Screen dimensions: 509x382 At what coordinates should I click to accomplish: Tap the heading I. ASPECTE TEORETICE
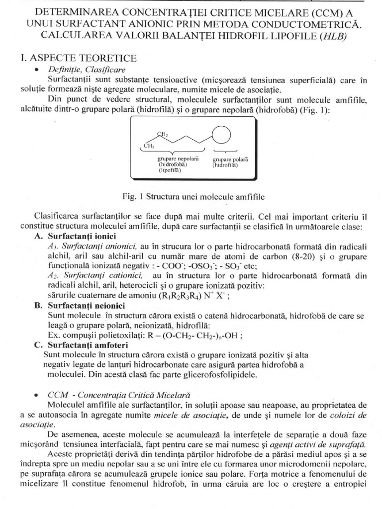pos(78,58)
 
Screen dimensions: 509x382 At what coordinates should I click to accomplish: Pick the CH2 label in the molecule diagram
pos(163,134)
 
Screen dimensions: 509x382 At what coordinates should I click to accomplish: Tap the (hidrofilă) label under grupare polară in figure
pos(225,165)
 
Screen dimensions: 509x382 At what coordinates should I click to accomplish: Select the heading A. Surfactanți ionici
pos(75,236)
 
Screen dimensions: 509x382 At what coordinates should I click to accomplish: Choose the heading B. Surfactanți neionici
pos(80,305)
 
